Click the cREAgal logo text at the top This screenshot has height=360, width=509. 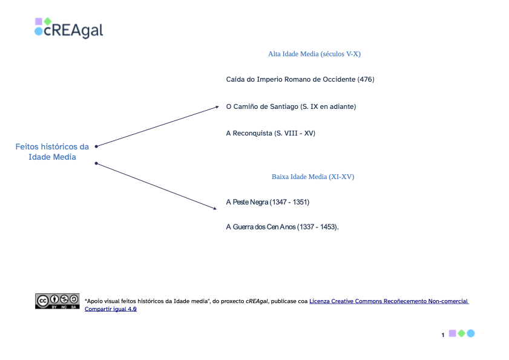[x=73, y=30]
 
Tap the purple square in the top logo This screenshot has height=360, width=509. [x=39, y=21]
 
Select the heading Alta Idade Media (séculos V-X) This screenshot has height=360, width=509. [x=314, y=54]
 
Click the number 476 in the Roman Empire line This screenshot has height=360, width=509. [x=366, y=79]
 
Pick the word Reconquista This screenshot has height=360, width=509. [x=252, y=133]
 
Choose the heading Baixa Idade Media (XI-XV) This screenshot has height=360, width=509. [x=313, y=177]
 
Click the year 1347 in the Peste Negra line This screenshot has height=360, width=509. [x=279, y=202]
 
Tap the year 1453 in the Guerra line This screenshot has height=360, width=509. [x=327, y=227]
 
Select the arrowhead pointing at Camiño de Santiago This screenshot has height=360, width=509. [x=217, y=107]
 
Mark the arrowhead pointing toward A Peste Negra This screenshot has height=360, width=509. [x=215, y=208]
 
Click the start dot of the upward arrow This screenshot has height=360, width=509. [x=96, y=146]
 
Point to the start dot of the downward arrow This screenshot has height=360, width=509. [x=96, y=163]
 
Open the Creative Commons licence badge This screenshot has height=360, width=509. [x=57, y=301]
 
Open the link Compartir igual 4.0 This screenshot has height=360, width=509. [x=111, y=309]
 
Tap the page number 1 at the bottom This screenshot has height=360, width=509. [x=443, y=335]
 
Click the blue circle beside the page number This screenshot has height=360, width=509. [x=471, y=333]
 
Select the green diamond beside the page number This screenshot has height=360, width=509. [x=461, y=333]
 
